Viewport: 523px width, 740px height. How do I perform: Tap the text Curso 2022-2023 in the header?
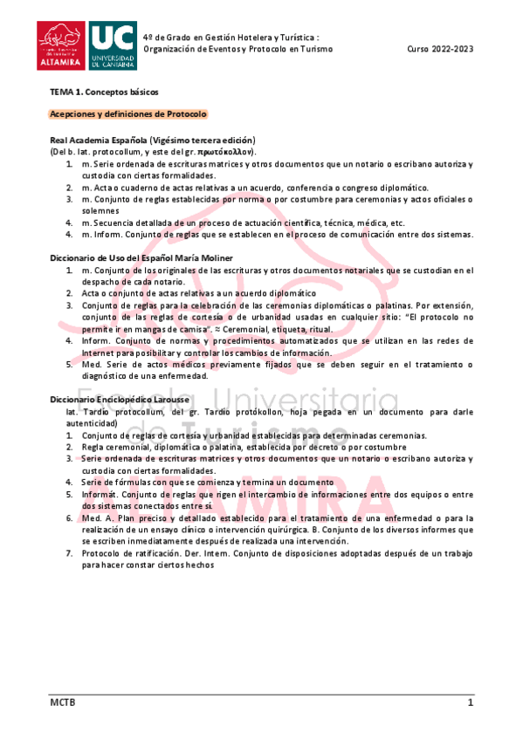[440, 49]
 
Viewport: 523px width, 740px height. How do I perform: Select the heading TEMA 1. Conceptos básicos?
[103, 92]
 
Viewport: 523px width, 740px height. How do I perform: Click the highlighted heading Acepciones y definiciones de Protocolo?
[127, 114]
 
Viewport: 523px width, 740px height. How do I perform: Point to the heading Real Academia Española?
[98, 140]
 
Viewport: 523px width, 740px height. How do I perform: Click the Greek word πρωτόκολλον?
[225, 151]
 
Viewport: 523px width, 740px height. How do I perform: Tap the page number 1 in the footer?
[470, 702]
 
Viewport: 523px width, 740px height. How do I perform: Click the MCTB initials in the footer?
[62, 702]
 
